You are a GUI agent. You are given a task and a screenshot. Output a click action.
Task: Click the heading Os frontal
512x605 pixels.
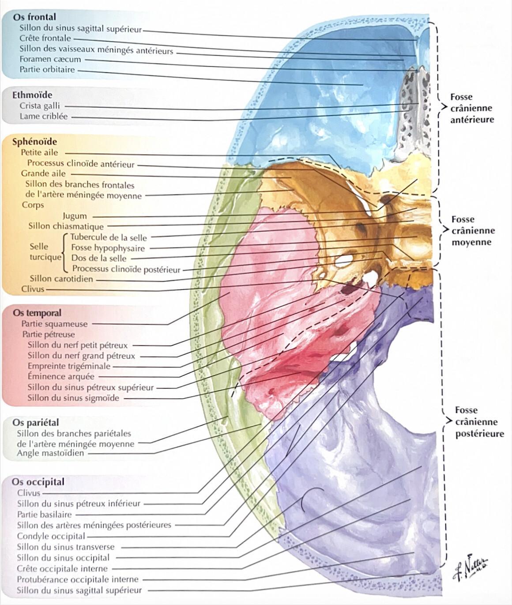tap(34, 17)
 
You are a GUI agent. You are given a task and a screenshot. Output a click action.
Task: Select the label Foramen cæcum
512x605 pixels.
tap(50, 59)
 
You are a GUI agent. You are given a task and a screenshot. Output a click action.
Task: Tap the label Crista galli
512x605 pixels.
tap(39, 106)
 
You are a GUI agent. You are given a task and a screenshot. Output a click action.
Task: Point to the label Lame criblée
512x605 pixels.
tap(44, 116)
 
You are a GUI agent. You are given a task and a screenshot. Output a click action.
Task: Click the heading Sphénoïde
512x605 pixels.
tap(34, 142)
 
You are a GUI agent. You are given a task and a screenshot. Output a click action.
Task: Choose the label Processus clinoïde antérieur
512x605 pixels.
tap(81, 164)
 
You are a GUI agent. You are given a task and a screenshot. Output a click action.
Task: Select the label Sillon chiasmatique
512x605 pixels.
tap(66, 226)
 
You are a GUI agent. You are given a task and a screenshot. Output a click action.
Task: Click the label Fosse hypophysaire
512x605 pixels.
tap(108, 248)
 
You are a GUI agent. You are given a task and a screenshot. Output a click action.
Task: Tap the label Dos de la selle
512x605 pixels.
tap(99, 258)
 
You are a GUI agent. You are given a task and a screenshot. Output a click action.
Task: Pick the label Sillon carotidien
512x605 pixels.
tap(61, 279)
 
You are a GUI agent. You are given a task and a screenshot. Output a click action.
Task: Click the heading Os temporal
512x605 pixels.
tap(37, 313)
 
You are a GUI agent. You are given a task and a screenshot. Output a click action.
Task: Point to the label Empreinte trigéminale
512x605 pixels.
tap(69, 366)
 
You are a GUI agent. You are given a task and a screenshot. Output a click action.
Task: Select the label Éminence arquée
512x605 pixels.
tap(61, 376)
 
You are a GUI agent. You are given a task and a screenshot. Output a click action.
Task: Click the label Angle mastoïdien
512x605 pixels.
tap(50, 453)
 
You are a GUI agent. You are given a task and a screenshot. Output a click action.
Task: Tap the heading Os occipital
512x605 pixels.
tap(38, 482)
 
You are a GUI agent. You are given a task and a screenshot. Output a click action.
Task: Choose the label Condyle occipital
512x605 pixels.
tap(51, 536)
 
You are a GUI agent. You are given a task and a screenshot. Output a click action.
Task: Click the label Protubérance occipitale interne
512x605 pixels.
tap(78, 579)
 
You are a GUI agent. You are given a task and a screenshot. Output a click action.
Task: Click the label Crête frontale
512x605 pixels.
tap(45, 38)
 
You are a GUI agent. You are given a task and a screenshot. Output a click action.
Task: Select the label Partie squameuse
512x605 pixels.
tap(54, 324)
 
